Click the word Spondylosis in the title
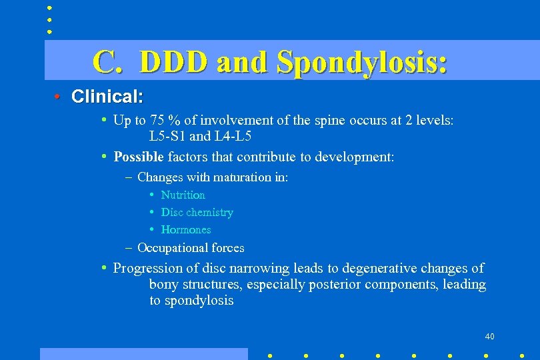coord(361,62)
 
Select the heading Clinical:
coord(107,97)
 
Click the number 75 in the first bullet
coord(157,121)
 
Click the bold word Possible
coord(139,157)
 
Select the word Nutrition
coord(183,195)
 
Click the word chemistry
coord(209,213)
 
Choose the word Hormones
coord(186,230)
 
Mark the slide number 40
coord(490,336)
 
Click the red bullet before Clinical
coord(58,97)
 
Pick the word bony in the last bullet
coord(163,285)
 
